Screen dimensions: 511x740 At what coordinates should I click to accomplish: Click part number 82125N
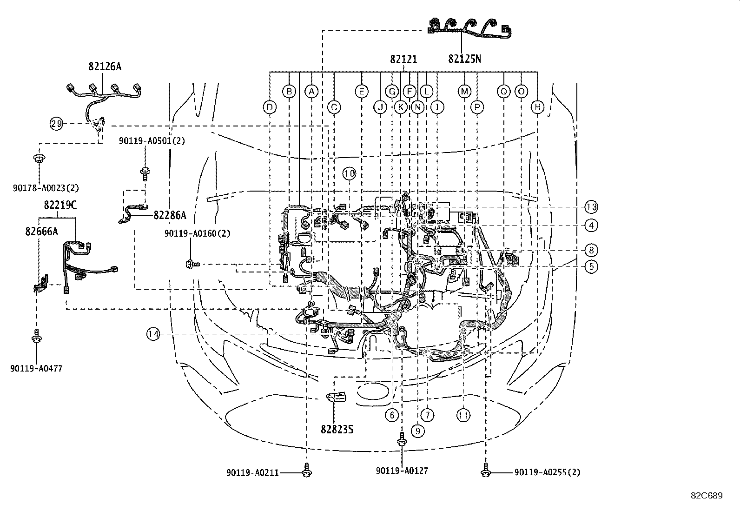464,59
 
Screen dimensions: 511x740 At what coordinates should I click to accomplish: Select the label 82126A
105,66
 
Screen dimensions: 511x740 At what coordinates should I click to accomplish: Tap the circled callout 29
56,124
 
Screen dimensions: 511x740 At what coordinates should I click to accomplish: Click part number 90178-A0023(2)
46,188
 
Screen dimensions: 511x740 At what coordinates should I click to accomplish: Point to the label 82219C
60,205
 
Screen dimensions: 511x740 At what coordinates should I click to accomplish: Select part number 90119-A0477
36,368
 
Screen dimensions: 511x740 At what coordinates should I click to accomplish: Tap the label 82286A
170,215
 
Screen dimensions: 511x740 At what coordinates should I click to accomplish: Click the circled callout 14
153,333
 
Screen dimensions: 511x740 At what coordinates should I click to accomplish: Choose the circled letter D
270,107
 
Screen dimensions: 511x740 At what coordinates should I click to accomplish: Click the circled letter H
538,107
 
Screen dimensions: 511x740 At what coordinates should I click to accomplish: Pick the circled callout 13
591,207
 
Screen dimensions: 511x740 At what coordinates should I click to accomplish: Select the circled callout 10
350,173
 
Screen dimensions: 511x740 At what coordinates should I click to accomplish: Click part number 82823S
337,430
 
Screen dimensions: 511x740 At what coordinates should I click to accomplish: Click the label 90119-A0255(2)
547,472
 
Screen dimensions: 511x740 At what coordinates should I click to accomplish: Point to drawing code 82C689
706,496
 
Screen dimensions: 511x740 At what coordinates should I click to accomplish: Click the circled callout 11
463,415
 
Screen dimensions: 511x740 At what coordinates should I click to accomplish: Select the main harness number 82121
403,59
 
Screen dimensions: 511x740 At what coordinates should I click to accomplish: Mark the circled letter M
464,91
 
